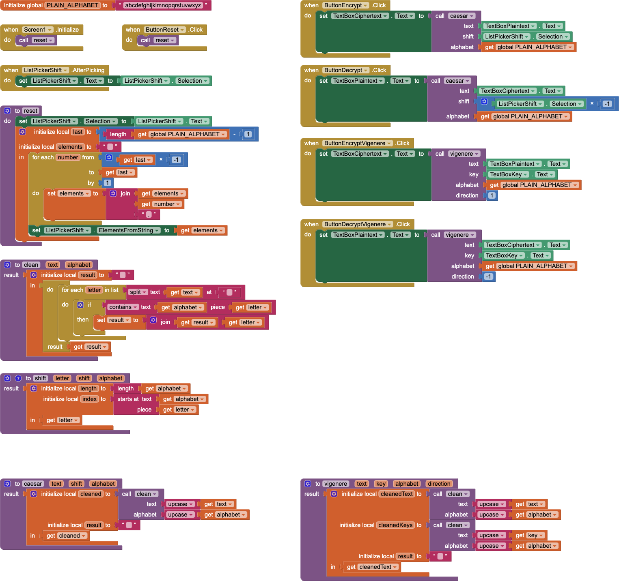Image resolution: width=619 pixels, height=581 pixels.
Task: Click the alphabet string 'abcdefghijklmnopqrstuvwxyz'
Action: [x=163, y=5]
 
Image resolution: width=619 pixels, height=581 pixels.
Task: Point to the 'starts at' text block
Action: [x=128, y=399]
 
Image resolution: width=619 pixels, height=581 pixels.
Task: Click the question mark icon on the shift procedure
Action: [x=18, y=378]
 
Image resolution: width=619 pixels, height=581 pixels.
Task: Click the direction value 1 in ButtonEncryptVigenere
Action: [x=492, y=195]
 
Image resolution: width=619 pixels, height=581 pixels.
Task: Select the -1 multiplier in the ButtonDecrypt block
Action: [x=607, y=104]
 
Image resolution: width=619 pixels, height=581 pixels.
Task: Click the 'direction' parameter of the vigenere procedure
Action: [x=439, y=484]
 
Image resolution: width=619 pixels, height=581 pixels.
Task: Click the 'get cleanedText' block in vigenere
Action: [x=372, y=567]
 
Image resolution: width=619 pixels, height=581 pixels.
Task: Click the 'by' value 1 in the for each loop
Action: [x=107, y=183]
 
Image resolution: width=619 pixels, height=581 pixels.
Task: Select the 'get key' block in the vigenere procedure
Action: [x=529, y=535]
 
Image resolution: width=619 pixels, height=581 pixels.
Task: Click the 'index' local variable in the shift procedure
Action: [x=89, y=399]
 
